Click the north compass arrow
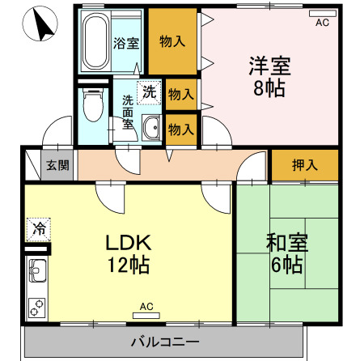click(x=41, y=27)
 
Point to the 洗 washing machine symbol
click(x=150, y=91)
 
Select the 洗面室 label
click(x=128, y=113)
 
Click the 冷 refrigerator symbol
click(x=38, y=229)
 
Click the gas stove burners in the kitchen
click(x=37, y=307)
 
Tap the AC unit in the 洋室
click(x=322, y=15)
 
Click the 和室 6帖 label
click(x=286, y=253)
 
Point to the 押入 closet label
click(x=304, y=165)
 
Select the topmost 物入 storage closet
click(x=171, y=41)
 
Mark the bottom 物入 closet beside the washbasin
click(x=180, y=127)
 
